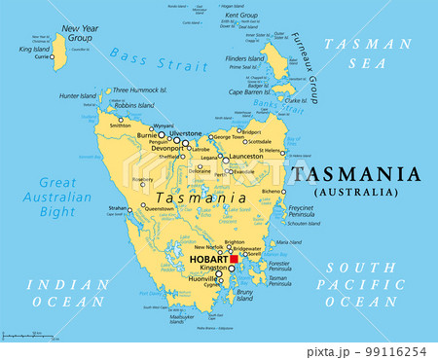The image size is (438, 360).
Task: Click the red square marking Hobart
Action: pos(234,260)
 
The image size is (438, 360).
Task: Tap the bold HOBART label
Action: pos(209,261)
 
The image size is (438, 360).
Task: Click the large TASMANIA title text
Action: pos(356,176)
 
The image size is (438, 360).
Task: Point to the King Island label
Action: pos(34,49)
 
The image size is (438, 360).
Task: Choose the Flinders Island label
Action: pos(243,58)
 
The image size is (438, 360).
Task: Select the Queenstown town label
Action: pos(159,208)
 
